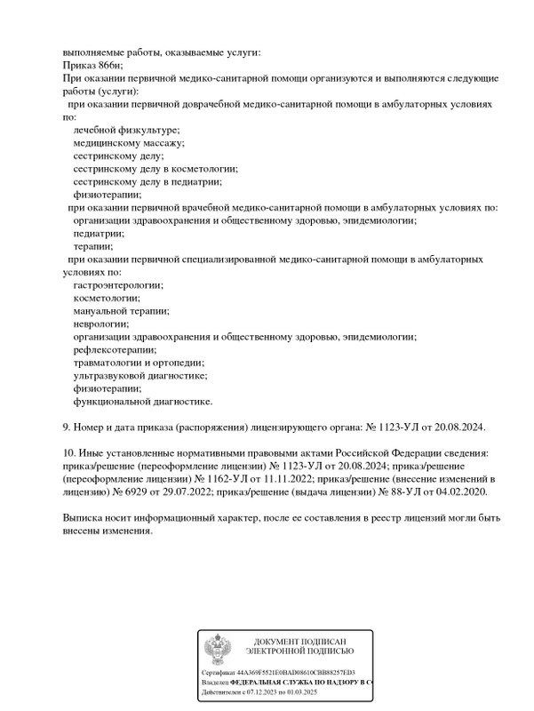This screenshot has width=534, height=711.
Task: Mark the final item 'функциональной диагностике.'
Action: [x=129, y=401]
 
